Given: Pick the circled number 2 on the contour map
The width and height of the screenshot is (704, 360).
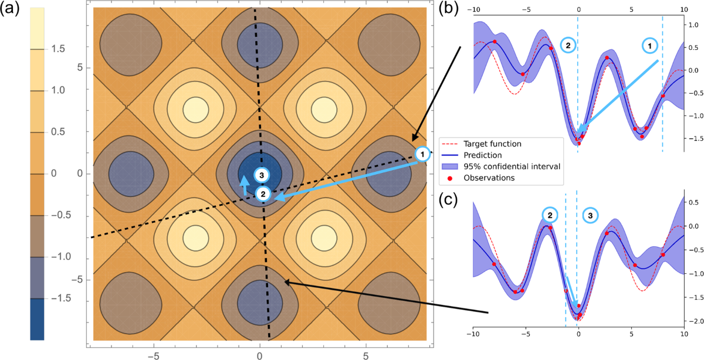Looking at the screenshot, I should click(x=263, y=193).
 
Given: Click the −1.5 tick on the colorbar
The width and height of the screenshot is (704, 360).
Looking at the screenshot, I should click(x=56, y=298).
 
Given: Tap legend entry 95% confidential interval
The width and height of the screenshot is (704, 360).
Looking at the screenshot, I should click(x=510, y=167).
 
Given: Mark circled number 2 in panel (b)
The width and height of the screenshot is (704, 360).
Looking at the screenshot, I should click(x=568, y=45).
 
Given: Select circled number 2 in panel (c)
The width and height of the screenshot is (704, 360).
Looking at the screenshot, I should click(x=550, y=215).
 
